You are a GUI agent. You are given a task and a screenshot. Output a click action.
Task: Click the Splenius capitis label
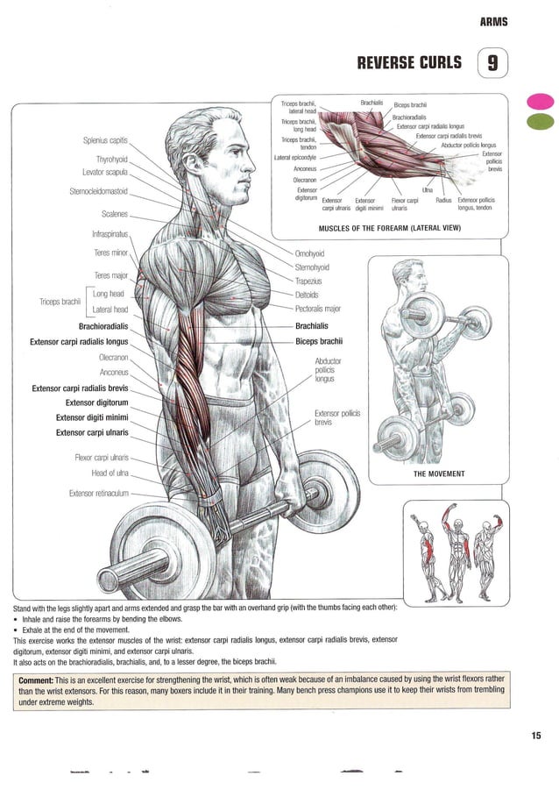coord(105,140)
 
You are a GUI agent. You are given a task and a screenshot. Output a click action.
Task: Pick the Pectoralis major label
coord(318,309)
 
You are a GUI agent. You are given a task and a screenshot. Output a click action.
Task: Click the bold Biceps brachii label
coord(319,341)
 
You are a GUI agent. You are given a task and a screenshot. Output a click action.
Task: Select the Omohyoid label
coord(310,253)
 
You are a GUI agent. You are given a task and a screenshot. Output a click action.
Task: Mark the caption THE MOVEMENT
coord(438,474)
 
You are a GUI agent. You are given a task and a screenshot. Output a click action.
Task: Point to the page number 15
coord(535,736)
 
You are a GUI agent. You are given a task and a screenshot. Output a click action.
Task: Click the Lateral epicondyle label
coord(295,158)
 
